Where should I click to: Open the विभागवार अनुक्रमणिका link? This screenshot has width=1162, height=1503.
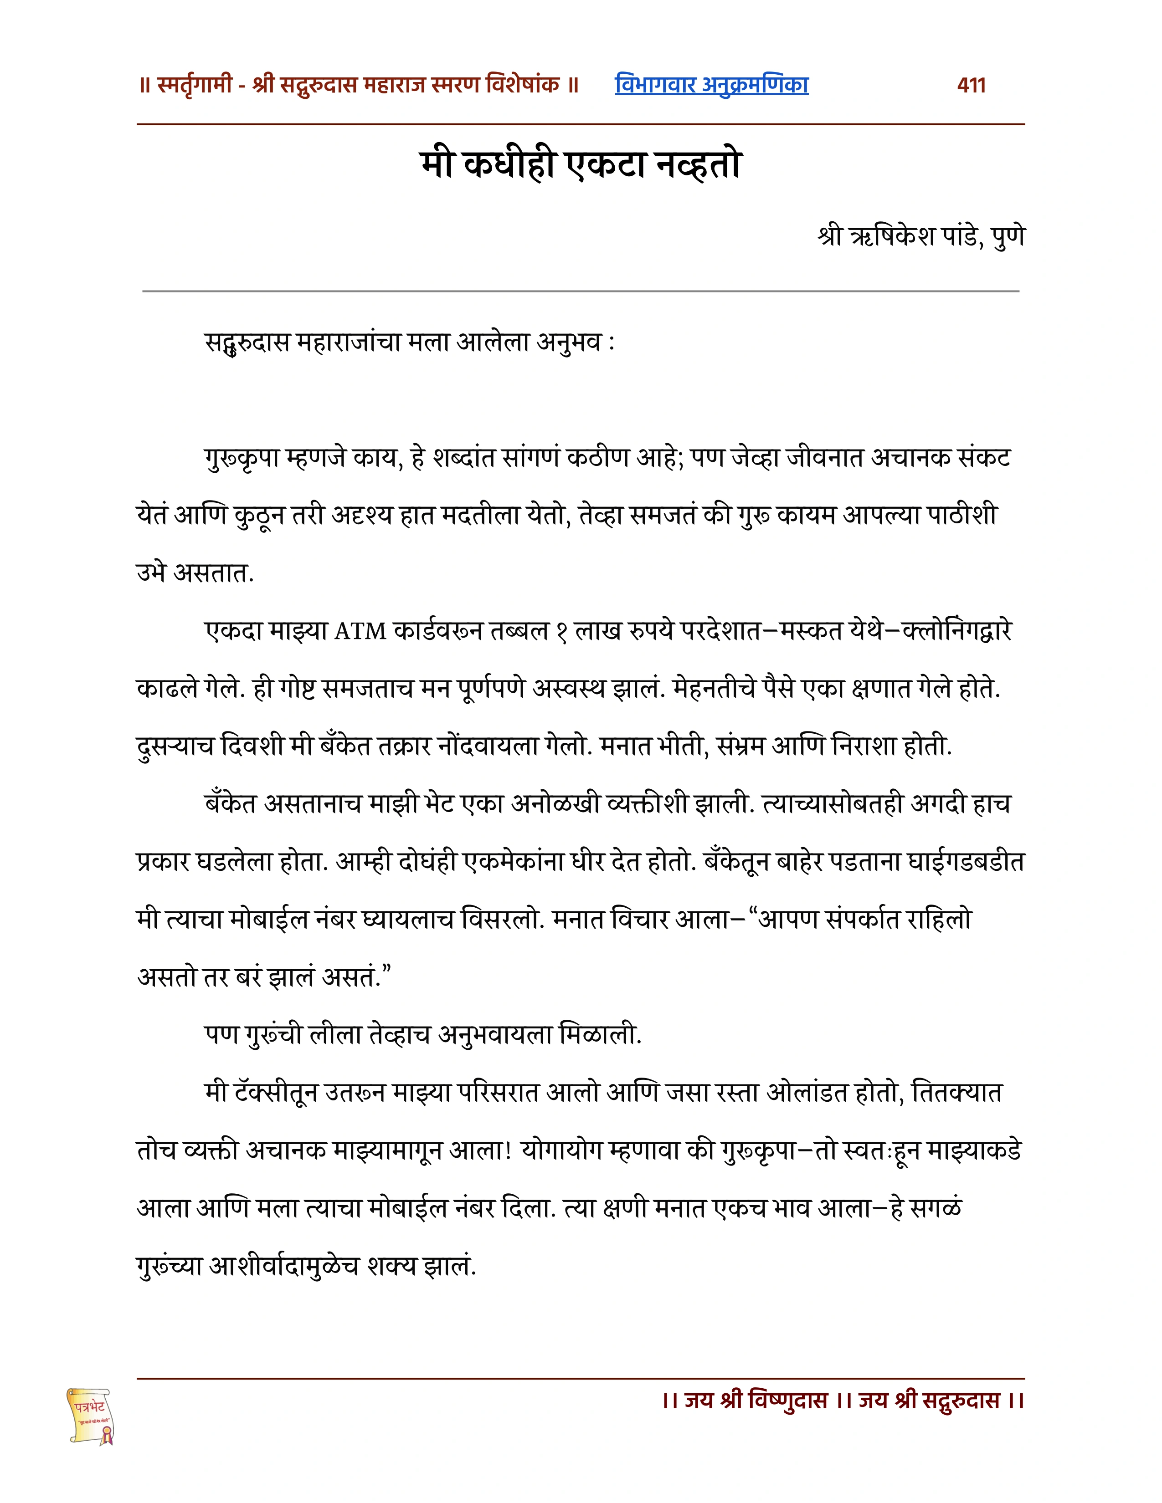711,85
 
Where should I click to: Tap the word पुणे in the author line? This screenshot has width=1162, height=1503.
1008,236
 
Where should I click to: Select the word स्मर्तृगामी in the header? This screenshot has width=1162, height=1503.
194,85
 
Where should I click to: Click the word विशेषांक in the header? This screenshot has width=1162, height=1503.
524,85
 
